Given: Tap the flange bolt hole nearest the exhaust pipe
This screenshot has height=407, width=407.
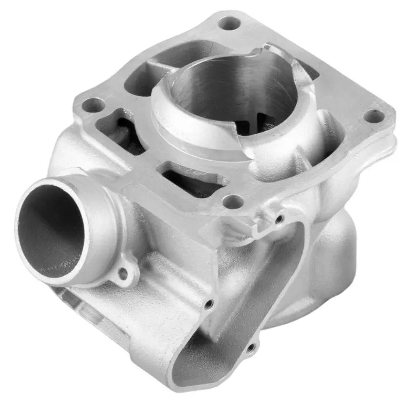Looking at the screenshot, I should [93, 105].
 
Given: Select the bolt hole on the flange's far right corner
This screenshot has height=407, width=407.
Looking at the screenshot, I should [374, 116].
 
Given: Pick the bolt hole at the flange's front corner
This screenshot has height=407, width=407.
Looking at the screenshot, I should [234, 201].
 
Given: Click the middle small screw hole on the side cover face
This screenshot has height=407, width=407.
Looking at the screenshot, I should [208, 304].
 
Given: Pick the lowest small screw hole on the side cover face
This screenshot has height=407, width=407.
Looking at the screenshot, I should [250, 348].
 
